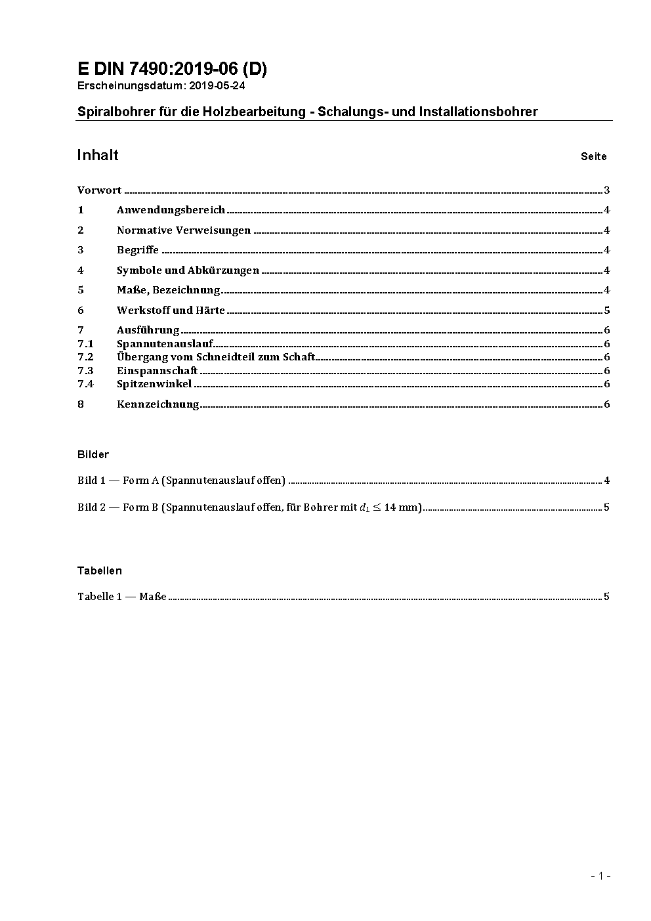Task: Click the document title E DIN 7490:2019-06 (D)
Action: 172,69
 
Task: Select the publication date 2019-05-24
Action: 217,86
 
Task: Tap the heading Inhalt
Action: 98,156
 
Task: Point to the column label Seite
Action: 593,157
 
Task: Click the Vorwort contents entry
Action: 99,191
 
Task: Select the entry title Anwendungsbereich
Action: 171,211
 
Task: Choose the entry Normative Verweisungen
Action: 184,230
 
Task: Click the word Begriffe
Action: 138,250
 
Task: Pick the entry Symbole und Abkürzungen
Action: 188,270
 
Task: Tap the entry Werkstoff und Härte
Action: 171,311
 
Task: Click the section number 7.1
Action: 85,344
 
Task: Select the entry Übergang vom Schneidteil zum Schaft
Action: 216,357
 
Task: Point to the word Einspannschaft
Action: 157,371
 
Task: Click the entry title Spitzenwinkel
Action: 154,384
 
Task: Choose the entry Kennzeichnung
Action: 157,404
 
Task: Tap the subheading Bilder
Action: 93,455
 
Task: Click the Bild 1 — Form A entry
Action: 181,481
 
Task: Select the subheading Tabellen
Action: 100,571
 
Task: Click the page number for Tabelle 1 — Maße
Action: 606,597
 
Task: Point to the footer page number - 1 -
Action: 600,876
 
